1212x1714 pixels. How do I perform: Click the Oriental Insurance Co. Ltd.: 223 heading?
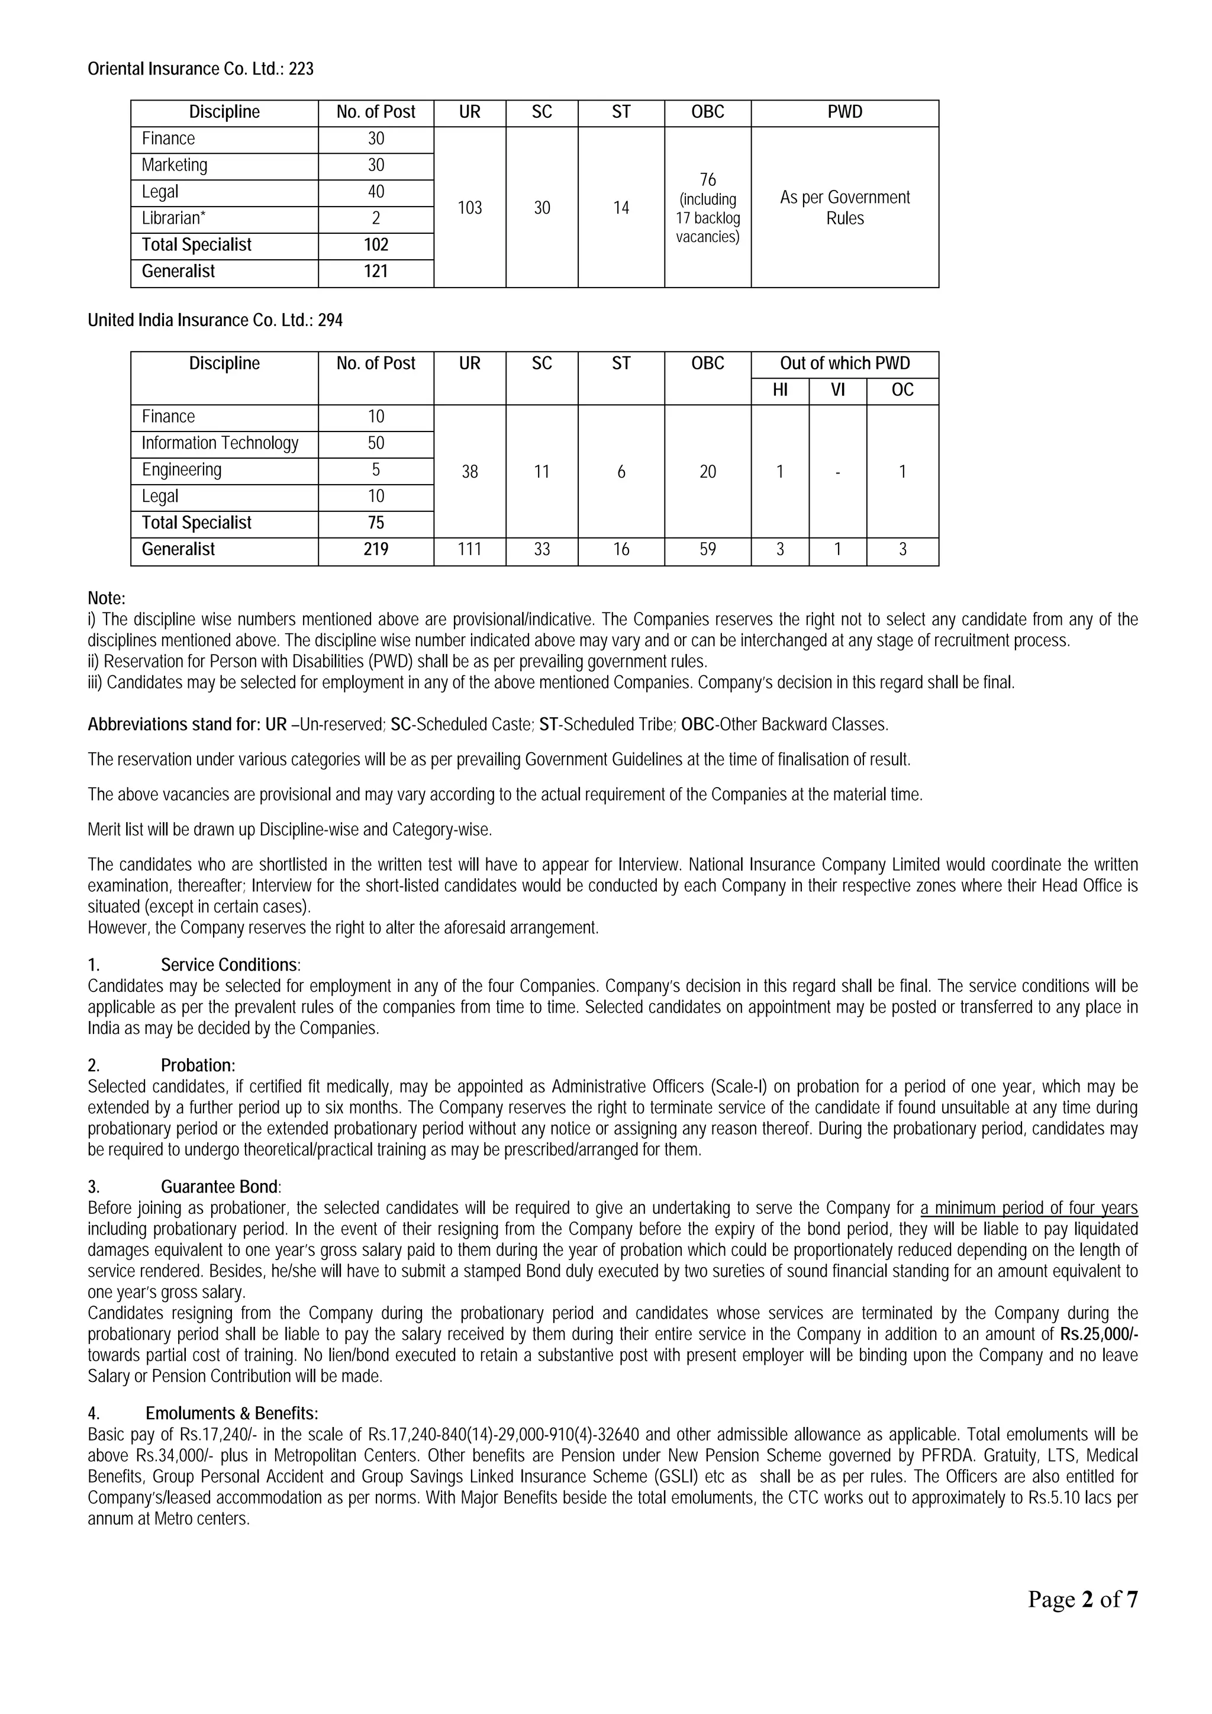[x=200, y=69]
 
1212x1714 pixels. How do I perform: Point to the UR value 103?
[x=469, y=208]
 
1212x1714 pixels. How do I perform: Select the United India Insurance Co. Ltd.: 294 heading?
[x=215, y=320]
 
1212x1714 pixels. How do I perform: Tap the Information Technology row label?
[x=220, y=443]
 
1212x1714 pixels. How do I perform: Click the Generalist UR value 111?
[x=469, y=549]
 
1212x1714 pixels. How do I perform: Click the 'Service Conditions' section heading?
[x=230, y=965]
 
